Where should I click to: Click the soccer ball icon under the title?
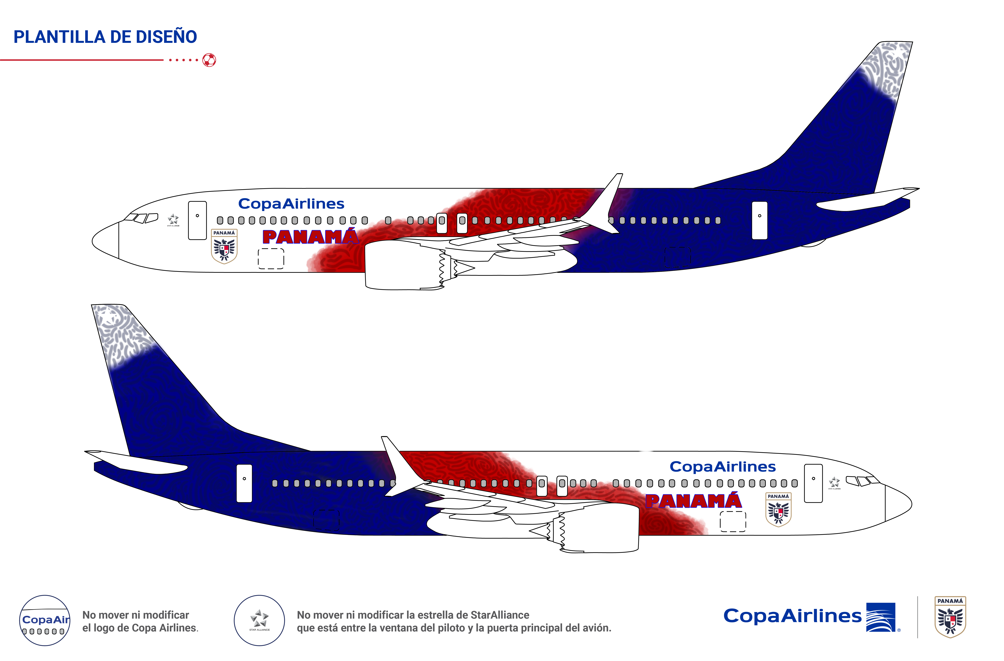pyautogui.click(x=209, y=60)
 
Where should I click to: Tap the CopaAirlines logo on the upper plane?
pyautogui.click(x=291, y=204)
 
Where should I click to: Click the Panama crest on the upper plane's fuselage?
pyautogui.click(x=224, y=247)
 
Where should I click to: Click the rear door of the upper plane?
pyautogui.click(x=759, y=220)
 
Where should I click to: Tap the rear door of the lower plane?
pyautogui.click(x=244, y=483)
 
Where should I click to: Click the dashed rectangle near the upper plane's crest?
pyautogui.click(x=271, y=258)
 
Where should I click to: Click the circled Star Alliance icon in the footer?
pyautogui.click(x=260, y=620)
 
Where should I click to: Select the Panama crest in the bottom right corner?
pyautogui.click(x=950, y=617)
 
